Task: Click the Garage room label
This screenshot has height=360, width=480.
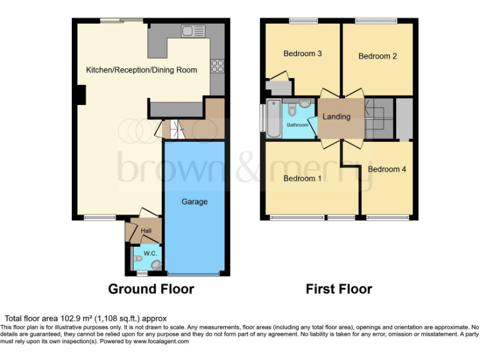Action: tap(194, 202)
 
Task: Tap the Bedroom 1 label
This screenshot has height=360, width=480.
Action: tap(302, 179)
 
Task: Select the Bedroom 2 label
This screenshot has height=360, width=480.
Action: tap(377, 56)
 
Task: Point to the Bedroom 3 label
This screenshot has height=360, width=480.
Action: tap(302, 54)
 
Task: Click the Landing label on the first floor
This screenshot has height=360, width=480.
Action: tap(336, 117)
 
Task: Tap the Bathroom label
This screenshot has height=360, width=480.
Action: tap(297, 125)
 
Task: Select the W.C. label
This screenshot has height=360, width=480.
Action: tap(150, 253)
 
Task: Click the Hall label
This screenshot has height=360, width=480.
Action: tap(146, 231)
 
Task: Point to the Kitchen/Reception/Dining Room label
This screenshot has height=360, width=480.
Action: tap(141, 70)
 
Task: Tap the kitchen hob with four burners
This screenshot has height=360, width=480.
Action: tap(217, 66)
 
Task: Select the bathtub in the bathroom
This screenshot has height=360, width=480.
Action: tap(274, 118)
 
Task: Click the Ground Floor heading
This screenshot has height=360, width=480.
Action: tap(151, 289)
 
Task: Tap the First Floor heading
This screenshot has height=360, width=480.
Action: tap(339, 289)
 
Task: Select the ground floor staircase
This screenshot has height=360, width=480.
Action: tap(172, 130)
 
